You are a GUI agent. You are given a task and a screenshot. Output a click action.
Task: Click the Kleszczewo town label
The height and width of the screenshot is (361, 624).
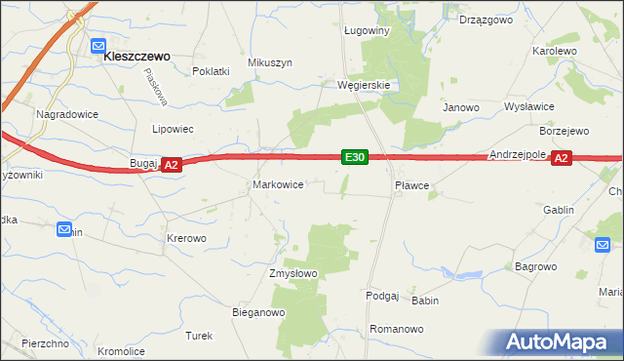137,57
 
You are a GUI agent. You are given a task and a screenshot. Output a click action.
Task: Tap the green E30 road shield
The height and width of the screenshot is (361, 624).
355,157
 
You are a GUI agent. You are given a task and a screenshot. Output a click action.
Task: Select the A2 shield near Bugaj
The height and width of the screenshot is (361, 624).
171,167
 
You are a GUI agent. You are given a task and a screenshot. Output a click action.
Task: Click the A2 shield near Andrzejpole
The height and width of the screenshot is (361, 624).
560,158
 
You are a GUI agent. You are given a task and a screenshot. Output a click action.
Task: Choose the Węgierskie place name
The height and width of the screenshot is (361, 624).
364,85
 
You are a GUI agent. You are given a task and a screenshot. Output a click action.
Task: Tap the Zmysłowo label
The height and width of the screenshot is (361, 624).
293,273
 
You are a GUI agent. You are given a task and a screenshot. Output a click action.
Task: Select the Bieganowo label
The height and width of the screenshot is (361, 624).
257,313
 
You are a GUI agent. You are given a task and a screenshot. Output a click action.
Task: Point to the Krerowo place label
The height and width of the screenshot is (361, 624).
186,238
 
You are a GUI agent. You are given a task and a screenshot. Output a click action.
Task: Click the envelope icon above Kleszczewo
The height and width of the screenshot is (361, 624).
98,45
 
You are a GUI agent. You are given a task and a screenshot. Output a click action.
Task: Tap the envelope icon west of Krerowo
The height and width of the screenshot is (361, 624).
64,230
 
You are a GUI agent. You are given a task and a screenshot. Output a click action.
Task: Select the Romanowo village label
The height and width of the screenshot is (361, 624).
396,330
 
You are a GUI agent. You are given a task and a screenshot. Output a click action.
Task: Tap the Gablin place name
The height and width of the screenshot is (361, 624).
558,210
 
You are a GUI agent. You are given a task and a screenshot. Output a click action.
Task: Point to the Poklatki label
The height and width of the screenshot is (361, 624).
211,71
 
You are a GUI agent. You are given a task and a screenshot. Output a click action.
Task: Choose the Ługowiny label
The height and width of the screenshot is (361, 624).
367,31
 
